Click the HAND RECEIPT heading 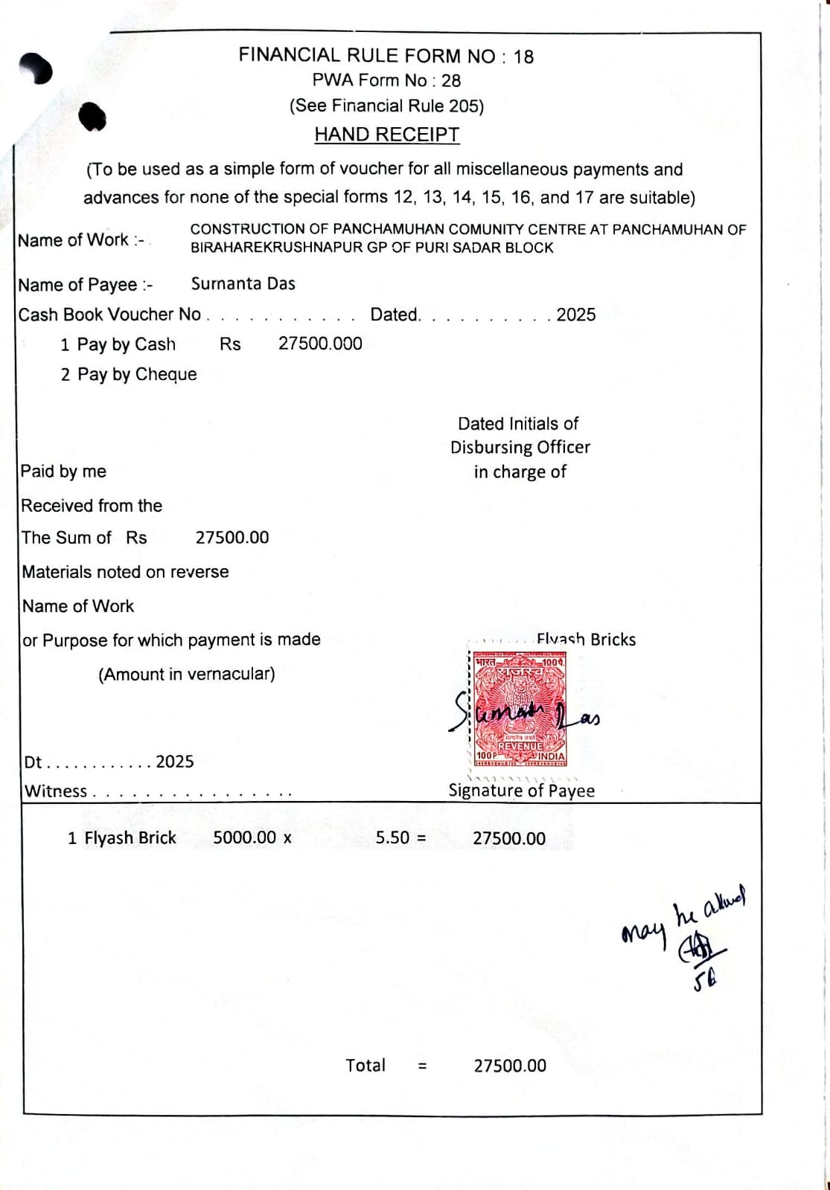386,135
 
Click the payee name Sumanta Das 243,284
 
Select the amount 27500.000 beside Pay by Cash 320,344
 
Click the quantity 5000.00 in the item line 244,837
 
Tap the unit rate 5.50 392,837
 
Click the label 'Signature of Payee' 521,791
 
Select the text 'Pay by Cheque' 137,374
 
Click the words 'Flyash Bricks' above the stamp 586,640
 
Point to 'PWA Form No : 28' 386,81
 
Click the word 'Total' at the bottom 365,1065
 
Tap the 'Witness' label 57,791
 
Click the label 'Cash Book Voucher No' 110,315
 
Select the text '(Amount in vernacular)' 187,674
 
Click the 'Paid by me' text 63,472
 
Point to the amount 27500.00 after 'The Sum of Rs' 232,538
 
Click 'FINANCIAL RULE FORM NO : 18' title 386,56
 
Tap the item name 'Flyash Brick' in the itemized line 130,838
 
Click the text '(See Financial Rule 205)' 386,106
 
